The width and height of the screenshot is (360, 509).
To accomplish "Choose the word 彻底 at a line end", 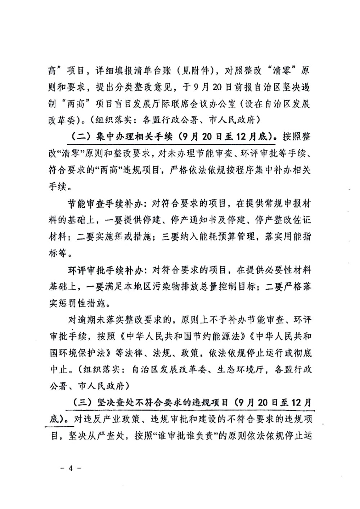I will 302,353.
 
